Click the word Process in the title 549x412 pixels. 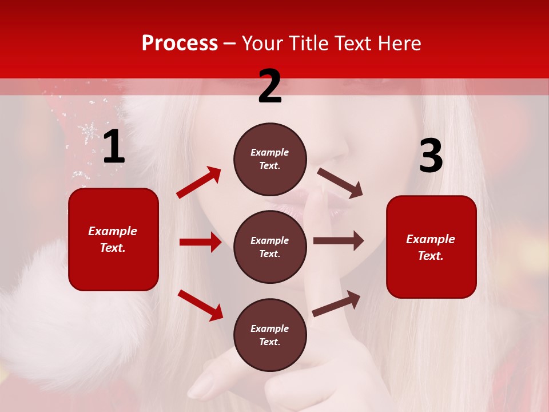[180, 43]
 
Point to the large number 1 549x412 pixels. [114, 148]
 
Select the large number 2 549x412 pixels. [270, 86]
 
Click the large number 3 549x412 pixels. [431, 156]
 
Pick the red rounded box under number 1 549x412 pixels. [113, 239]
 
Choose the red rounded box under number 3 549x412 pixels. [431, 247]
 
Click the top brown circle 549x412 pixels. [270, 159]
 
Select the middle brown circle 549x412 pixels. [270, 247]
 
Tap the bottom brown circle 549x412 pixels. [270, 335]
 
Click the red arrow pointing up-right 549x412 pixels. [198, 183]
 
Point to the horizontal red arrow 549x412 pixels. [200, 242]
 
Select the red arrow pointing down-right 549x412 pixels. [200, 305]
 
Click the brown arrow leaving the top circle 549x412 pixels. [340, 183]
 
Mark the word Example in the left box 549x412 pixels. [113, 231]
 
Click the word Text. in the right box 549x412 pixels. [431, 256]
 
